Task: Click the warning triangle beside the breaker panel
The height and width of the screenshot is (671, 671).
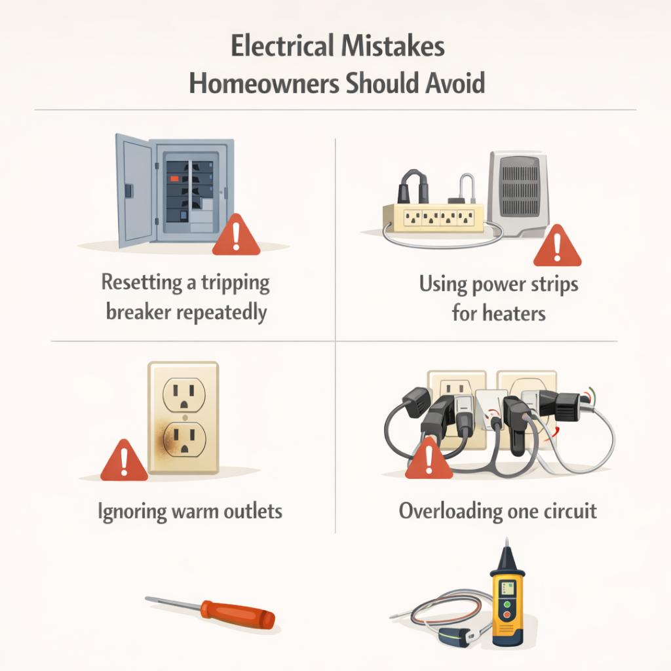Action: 236,235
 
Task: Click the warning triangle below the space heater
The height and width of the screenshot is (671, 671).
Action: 557,246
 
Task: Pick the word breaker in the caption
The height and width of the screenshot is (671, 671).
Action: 138,312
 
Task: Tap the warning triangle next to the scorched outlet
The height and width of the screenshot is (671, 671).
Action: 124,461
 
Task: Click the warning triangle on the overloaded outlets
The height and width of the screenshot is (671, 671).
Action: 429,458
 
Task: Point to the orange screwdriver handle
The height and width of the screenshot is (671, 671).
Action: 238,615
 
